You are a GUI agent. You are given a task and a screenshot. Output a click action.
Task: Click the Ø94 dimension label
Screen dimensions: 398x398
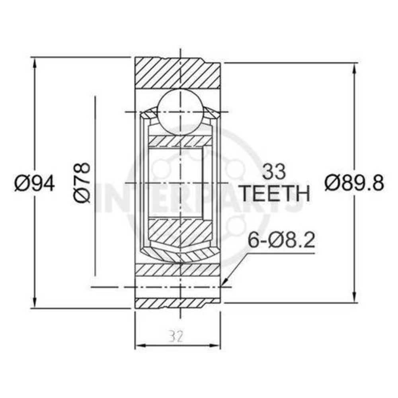coord(35,183)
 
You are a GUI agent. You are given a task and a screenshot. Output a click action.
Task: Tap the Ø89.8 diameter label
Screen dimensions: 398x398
coord(354,183)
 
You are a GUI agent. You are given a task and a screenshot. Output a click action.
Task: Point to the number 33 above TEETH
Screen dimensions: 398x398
coord(274,172)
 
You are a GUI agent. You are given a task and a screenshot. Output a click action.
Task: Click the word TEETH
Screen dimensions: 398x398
coord(276,193)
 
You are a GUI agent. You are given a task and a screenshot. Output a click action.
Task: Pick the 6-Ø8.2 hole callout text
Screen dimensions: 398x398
coord(281,240)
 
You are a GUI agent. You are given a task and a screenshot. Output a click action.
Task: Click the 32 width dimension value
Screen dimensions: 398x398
coord(176,337)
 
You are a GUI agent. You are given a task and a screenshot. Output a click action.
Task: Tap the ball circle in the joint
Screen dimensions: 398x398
coord(180,111)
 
